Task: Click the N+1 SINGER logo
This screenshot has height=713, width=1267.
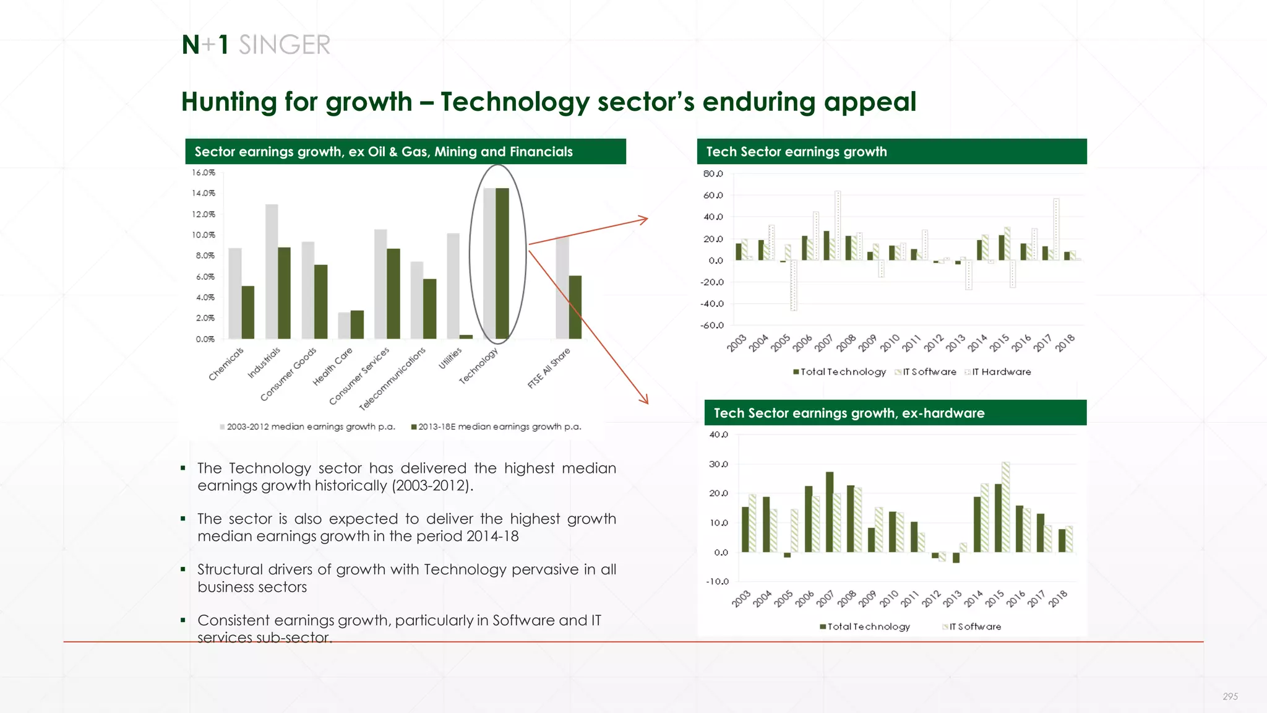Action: coord(256,45)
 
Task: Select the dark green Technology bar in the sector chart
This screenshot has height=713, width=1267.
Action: coord(502,263)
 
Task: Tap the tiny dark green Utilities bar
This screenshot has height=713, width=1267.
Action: coord(466,337)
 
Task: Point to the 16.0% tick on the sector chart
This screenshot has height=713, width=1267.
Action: coord(203,173)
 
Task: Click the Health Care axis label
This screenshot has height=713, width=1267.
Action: coord(333,366)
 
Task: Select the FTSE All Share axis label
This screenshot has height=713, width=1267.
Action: coord(549,368)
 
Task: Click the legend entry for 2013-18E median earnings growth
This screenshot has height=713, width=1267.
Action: coord(496,426)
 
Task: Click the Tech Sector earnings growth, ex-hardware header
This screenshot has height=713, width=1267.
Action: coord(848,413)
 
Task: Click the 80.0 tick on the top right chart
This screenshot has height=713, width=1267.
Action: coord(713,174)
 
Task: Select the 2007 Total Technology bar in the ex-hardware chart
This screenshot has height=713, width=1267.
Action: coord(830,512)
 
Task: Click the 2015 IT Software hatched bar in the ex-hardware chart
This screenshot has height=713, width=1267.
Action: coord(1006,507)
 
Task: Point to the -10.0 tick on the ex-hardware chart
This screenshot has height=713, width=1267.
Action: coord(717,582)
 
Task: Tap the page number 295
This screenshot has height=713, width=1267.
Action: coord(1230,696)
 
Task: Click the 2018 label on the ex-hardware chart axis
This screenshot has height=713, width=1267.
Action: coord(1059,598)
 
